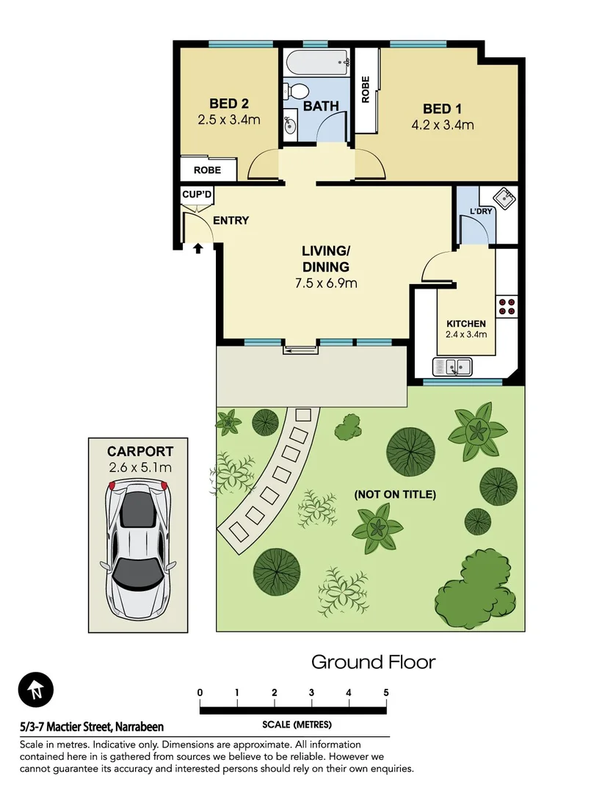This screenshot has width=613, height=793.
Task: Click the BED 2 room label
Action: tap(228, 104)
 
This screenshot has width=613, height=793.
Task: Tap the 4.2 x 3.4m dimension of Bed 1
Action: tap(442, 125)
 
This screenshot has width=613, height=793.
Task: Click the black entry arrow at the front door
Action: tap(197, 249)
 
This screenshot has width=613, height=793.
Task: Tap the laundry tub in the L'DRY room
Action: tap(504, 198)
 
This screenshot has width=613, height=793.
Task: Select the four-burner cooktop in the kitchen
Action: tap(507, 305)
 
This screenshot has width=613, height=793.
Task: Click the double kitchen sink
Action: tap(454, 366)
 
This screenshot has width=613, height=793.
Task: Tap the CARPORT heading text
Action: tap(139, 452)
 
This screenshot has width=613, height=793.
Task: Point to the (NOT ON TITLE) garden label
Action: tap(395, 494)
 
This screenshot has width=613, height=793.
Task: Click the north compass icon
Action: tap(36, 689)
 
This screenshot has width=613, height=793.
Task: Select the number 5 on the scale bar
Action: tap(385, 692)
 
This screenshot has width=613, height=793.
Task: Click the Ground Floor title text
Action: tap(373, 662)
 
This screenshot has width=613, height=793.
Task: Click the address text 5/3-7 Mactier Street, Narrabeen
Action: tap(92, 727)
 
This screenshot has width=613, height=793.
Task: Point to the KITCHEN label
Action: tap(466, 324)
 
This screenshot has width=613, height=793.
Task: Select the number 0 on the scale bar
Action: tap(200, 692)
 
